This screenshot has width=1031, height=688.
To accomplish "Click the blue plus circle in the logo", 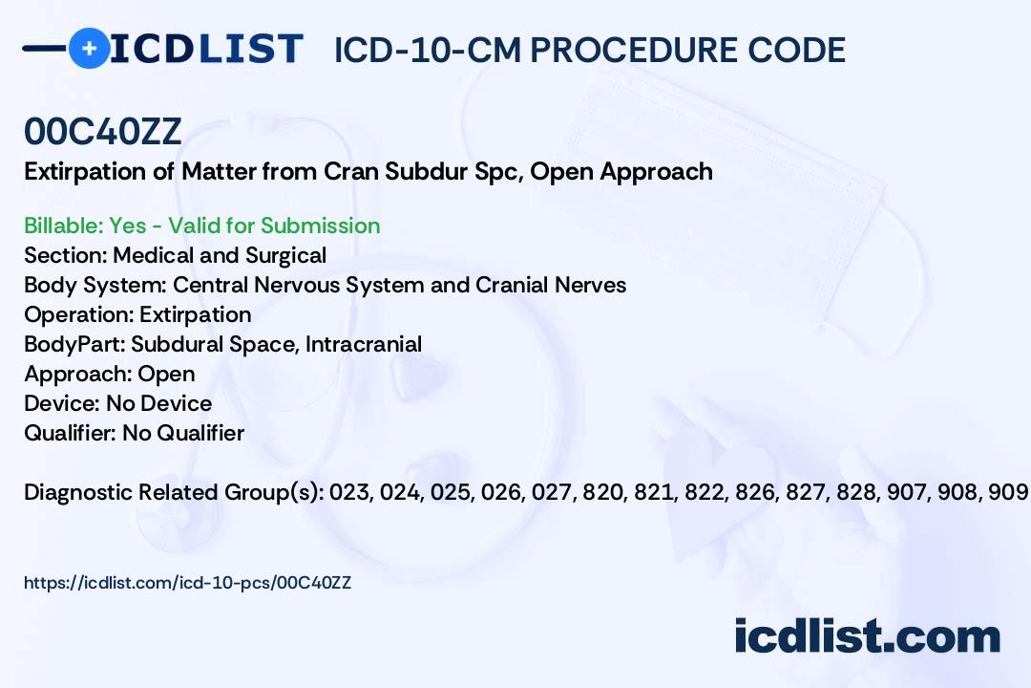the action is coord(90,48).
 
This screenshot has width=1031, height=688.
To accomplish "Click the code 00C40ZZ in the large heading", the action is coord(102,131).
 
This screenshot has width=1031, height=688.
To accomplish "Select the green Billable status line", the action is coord(201,226).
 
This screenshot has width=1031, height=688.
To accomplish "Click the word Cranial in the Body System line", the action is coord(512,285).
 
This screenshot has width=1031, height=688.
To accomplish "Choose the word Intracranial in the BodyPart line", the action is coord(363,344).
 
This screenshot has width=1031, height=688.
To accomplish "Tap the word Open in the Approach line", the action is coord(166,374).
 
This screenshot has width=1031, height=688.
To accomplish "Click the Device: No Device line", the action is coord(117,403).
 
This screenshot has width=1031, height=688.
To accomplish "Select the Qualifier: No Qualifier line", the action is coord(135,433).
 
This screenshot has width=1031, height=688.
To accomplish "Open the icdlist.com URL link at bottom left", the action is coord(187,583).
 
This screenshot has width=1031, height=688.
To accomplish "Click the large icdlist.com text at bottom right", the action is coord(867,636).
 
